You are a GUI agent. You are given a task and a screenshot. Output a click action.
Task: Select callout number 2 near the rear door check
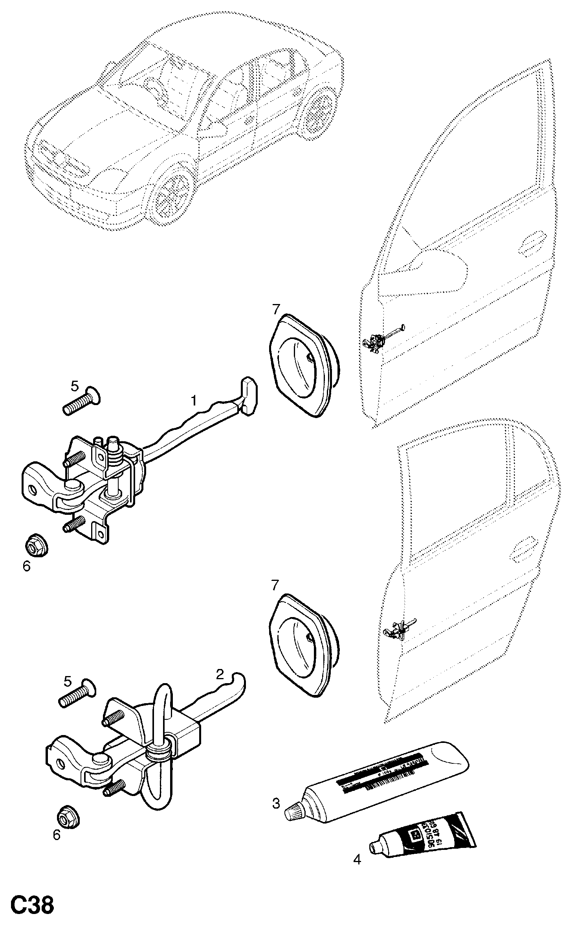(220, 674)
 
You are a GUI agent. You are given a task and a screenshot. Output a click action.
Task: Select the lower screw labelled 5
(77, 697)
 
